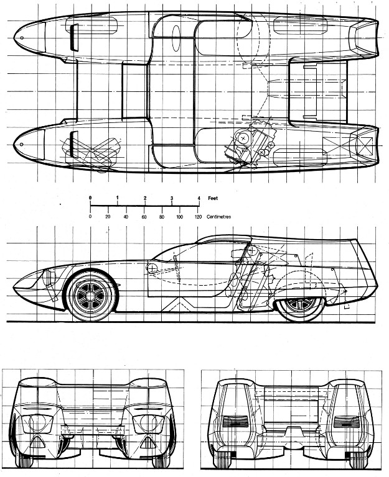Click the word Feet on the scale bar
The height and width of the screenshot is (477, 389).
point(213,198)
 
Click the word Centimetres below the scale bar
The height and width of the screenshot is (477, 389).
point(219,217)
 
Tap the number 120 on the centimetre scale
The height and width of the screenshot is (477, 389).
point(198,217)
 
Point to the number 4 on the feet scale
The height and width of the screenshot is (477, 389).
point(199,198)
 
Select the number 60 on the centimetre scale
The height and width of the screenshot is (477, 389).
point(144,217)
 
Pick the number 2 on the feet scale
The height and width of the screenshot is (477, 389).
point(145,198)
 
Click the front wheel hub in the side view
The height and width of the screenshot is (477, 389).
point(90,296)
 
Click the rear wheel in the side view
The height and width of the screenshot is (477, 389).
point(300,306)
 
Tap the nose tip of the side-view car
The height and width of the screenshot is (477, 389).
point(14,286)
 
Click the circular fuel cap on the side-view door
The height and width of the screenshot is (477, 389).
point(151,268)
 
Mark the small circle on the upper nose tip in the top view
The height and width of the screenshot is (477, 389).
point(22,38)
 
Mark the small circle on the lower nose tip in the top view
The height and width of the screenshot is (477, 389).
point(21,144)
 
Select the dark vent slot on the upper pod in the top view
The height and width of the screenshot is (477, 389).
point(74,37)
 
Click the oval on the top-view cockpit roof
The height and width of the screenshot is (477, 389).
point(176,38)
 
